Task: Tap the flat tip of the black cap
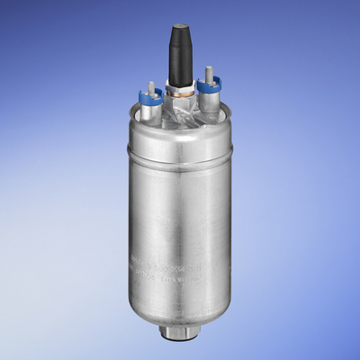pyautogui.click(x=181, y=28)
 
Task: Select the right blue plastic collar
pyautogui.click(x=212, y=82)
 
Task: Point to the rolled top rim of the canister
pyautogui.click(x=180, y=126)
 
